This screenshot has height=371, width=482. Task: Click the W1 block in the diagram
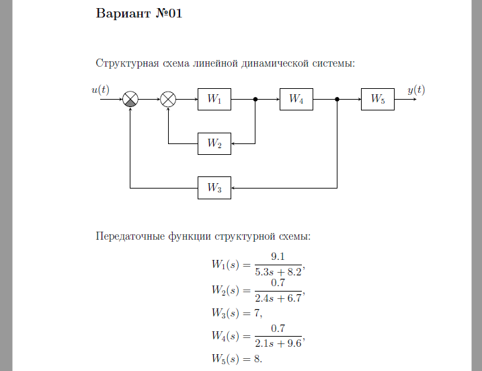[214, 99]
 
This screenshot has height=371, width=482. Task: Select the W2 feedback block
[214, 143]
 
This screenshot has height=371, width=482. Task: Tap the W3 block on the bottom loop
[214, 188]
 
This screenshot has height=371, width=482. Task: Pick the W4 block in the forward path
[296, 99]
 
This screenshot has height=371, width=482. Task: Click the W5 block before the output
[378, 99]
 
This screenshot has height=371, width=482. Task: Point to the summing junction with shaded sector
[130, 99]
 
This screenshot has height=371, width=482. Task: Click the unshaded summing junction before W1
[168, 99]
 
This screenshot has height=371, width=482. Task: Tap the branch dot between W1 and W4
[255, 99]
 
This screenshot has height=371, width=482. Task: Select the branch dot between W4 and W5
[337, 99]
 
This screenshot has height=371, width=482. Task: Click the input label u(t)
[101, 90]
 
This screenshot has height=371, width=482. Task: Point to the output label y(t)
[416, 90]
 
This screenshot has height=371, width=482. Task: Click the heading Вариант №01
[139, 13]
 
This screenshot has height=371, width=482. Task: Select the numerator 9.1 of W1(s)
[278, 257]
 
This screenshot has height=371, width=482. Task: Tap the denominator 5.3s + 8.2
[278, 272]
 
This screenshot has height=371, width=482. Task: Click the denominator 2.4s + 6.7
[278, 298]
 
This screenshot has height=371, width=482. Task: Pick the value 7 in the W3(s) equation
[257, 313]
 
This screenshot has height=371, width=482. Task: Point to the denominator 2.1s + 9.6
[278, 343]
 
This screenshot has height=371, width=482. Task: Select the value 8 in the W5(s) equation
[257, 359]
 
